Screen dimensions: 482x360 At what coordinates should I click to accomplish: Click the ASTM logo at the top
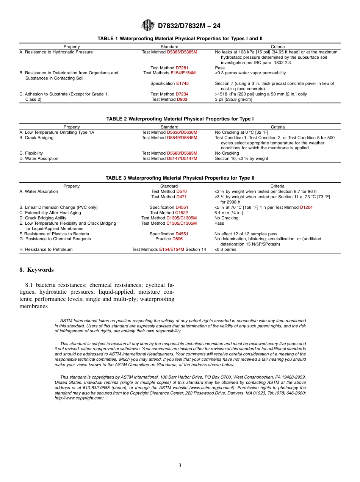[148, 25]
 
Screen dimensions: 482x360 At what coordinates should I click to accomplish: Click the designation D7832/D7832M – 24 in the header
[189, 26]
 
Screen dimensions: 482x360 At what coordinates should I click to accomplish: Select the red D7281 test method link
[182, 68]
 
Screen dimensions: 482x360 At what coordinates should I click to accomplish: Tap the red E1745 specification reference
[182, 83]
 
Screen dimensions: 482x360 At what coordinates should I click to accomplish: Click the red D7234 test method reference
[182, 94]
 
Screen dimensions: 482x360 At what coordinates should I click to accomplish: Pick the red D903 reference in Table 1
[182, 99]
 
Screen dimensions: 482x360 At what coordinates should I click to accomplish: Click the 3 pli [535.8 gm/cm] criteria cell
[233, 99]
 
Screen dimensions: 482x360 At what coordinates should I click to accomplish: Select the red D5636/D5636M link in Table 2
[182, 132]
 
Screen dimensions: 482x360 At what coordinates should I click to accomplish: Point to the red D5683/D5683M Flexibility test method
[182, 153]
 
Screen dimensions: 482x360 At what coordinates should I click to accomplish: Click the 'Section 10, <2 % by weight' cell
[241, 158]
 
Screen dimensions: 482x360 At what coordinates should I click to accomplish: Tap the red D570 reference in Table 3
[182, 191]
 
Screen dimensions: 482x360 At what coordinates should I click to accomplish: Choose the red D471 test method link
[181, 197]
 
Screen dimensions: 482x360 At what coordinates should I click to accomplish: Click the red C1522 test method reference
[182, 213]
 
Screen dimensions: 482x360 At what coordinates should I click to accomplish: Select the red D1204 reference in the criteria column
[306, 207]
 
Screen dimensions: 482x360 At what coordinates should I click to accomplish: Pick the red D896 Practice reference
[177, 239]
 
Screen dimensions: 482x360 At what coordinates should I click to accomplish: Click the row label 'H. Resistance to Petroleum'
[46, 249]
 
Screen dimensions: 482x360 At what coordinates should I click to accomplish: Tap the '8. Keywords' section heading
[36, 270]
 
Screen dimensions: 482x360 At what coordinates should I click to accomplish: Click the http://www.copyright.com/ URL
[79, 398]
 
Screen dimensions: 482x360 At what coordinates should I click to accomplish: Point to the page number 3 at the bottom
[180, 465]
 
